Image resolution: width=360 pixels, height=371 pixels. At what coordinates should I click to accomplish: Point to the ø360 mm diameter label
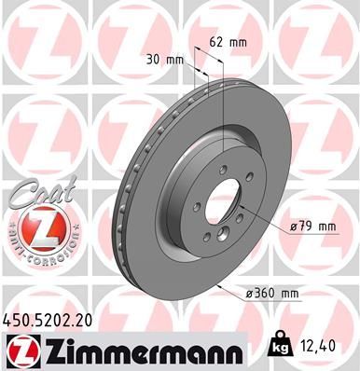(x=274, y=295)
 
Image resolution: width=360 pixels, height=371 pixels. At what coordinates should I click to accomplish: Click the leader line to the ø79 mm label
(x=265, y=215)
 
